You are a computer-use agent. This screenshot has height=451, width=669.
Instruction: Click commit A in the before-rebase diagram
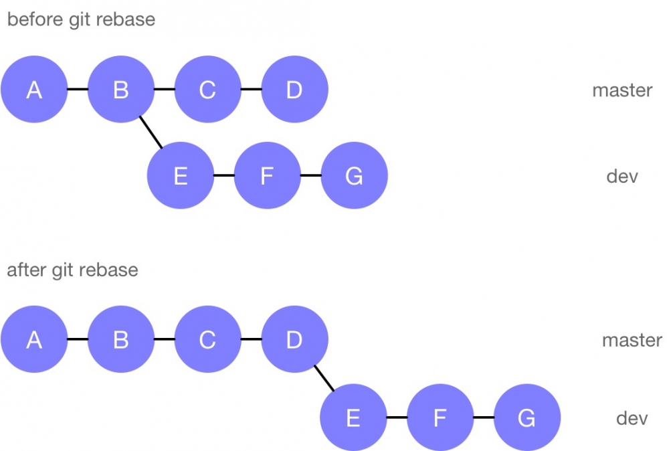34,90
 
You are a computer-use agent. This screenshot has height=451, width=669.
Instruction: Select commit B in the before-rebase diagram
121,90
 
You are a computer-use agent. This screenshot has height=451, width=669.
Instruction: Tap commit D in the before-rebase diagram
294,90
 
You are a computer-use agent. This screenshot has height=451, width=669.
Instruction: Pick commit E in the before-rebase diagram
181,176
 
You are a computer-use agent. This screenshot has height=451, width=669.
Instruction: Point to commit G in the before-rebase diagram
354,176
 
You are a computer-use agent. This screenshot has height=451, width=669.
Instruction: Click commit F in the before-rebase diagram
267,176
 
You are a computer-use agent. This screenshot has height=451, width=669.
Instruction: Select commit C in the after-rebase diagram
207,340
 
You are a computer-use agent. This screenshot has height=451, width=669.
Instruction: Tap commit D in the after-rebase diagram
294,340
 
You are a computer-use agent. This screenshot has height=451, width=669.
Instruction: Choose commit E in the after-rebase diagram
353,418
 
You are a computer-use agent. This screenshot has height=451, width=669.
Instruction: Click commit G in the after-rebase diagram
527,418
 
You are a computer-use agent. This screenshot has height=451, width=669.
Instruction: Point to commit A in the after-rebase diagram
34,340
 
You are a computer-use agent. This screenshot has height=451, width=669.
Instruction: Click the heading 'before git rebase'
81,19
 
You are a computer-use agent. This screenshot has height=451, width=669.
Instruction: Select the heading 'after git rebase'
72,270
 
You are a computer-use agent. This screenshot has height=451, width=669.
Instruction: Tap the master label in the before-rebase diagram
622,90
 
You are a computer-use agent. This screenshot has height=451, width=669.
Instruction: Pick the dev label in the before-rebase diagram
622,177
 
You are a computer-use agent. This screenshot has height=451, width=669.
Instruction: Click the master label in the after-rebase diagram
632,341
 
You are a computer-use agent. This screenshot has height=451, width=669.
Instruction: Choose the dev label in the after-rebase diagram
632,419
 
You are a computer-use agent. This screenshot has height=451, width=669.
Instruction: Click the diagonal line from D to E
324,379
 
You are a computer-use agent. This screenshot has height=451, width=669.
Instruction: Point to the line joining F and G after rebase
483,418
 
